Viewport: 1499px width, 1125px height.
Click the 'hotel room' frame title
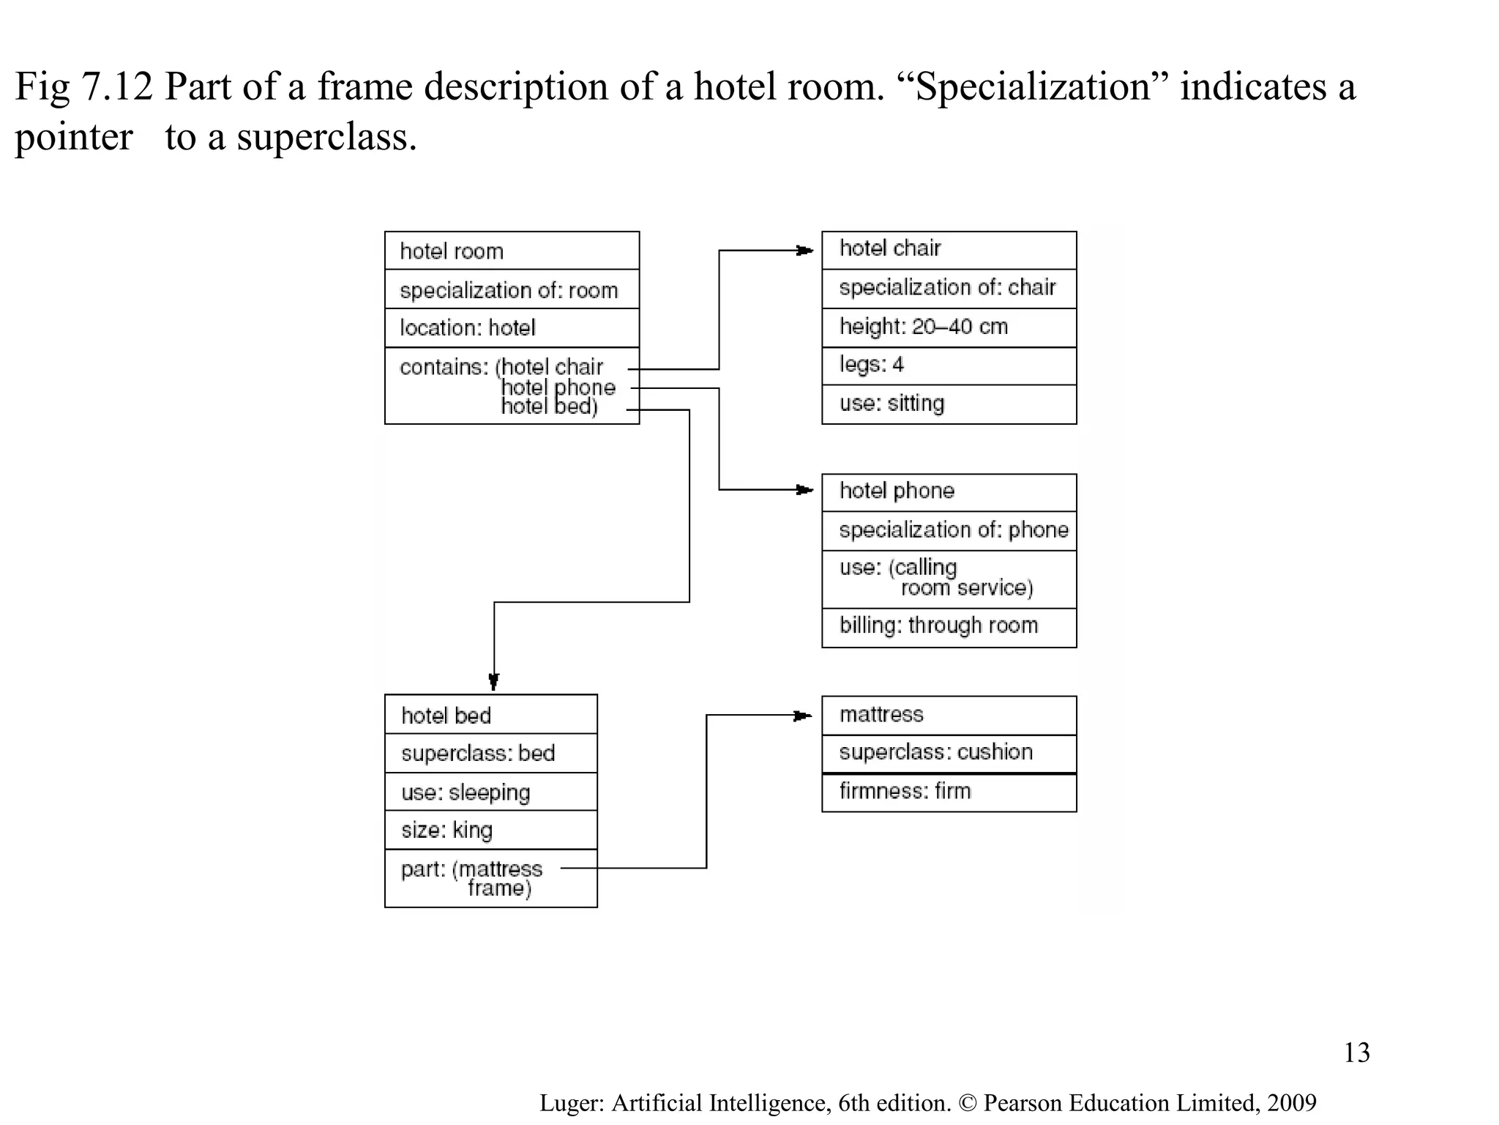pos(452,251)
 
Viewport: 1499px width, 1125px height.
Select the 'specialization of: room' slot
pos(509,290)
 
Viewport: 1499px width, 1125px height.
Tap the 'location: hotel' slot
pos(468,327)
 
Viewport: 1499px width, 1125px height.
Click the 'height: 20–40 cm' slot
pos(923,326)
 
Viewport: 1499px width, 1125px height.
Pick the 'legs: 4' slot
pos(871,364)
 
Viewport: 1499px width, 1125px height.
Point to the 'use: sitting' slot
pos(891,403)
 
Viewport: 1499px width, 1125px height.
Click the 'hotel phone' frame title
pos(897,491)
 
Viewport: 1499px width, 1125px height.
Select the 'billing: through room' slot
pos(938,625)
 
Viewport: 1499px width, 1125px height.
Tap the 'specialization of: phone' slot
pos(953,530)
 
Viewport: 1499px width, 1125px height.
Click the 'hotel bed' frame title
pos(446,716)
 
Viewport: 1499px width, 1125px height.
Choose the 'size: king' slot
pos(446,830)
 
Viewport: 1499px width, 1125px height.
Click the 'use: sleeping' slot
pos(466,792)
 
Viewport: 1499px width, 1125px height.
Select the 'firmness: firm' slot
pos(905,791)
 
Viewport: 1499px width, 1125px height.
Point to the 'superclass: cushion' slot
pos(935,751)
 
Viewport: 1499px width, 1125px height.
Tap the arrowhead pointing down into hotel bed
pos(494,682)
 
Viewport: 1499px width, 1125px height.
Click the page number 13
pos(1356,1052)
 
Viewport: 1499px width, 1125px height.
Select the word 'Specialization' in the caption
pos(1033,87)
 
